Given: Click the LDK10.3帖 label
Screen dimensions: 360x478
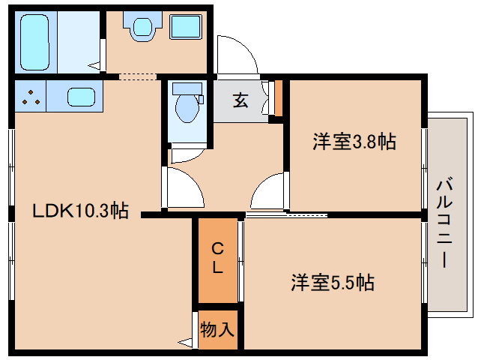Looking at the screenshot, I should [81, 211].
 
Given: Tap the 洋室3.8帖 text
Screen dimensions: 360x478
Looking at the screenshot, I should [354, 141].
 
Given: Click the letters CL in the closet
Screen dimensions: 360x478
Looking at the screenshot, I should [217, 257].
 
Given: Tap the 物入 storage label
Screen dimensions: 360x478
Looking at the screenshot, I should [218, 329].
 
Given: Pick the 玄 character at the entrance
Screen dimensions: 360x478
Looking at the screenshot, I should [240, 100].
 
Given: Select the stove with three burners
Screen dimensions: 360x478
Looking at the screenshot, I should [29, 97].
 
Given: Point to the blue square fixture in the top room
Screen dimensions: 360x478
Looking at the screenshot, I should [184, 28].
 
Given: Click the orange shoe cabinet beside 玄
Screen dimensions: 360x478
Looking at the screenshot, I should [278, 95].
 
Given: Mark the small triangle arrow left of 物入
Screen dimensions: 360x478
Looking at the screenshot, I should [184, 343].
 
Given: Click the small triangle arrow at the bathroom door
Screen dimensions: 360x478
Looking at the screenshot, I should [94, 66].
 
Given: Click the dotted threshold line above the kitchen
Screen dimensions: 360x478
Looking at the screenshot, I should [137, 76].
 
